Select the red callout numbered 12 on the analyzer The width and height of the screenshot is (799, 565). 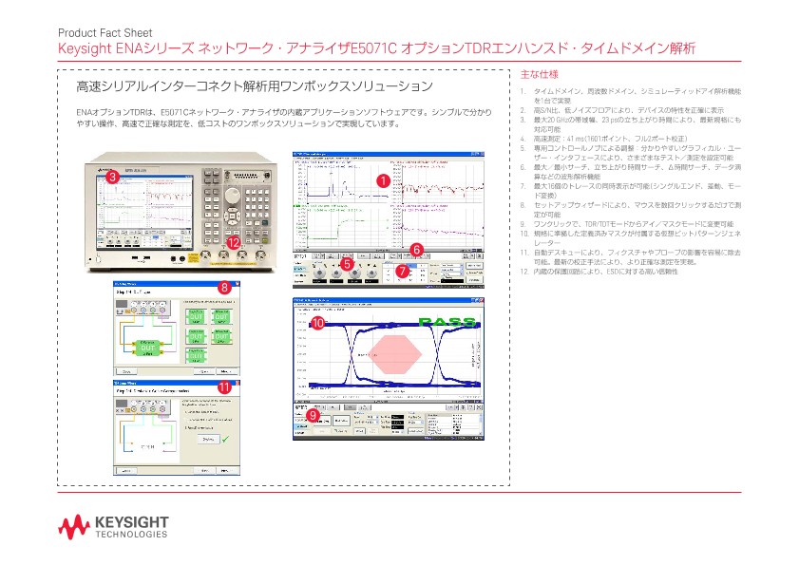tap(234, 243)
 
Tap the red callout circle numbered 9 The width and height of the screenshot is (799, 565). tap(313, 415)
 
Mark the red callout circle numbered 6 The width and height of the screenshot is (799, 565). tap(415, 249)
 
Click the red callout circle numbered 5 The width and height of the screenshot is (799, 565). tap(347, 265)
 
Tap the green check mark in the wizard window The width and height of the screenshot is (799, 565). tap(224, 437)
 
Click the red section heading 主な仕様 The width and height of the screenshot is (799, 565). tap(540, 74)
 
